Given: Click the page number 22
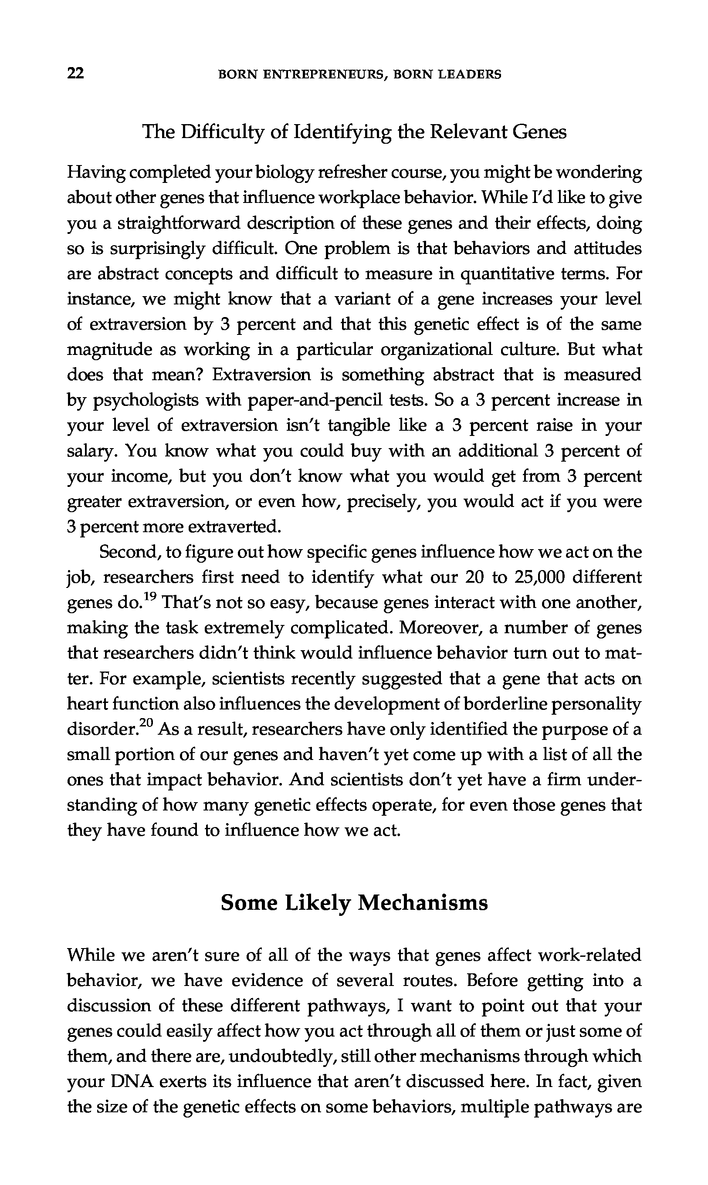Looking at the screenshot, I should coord(76,74).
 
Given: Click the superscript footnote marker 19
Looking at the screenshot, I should coord(150,596).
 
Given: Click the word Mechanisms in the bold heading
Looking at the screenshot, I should coord(423,903).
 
